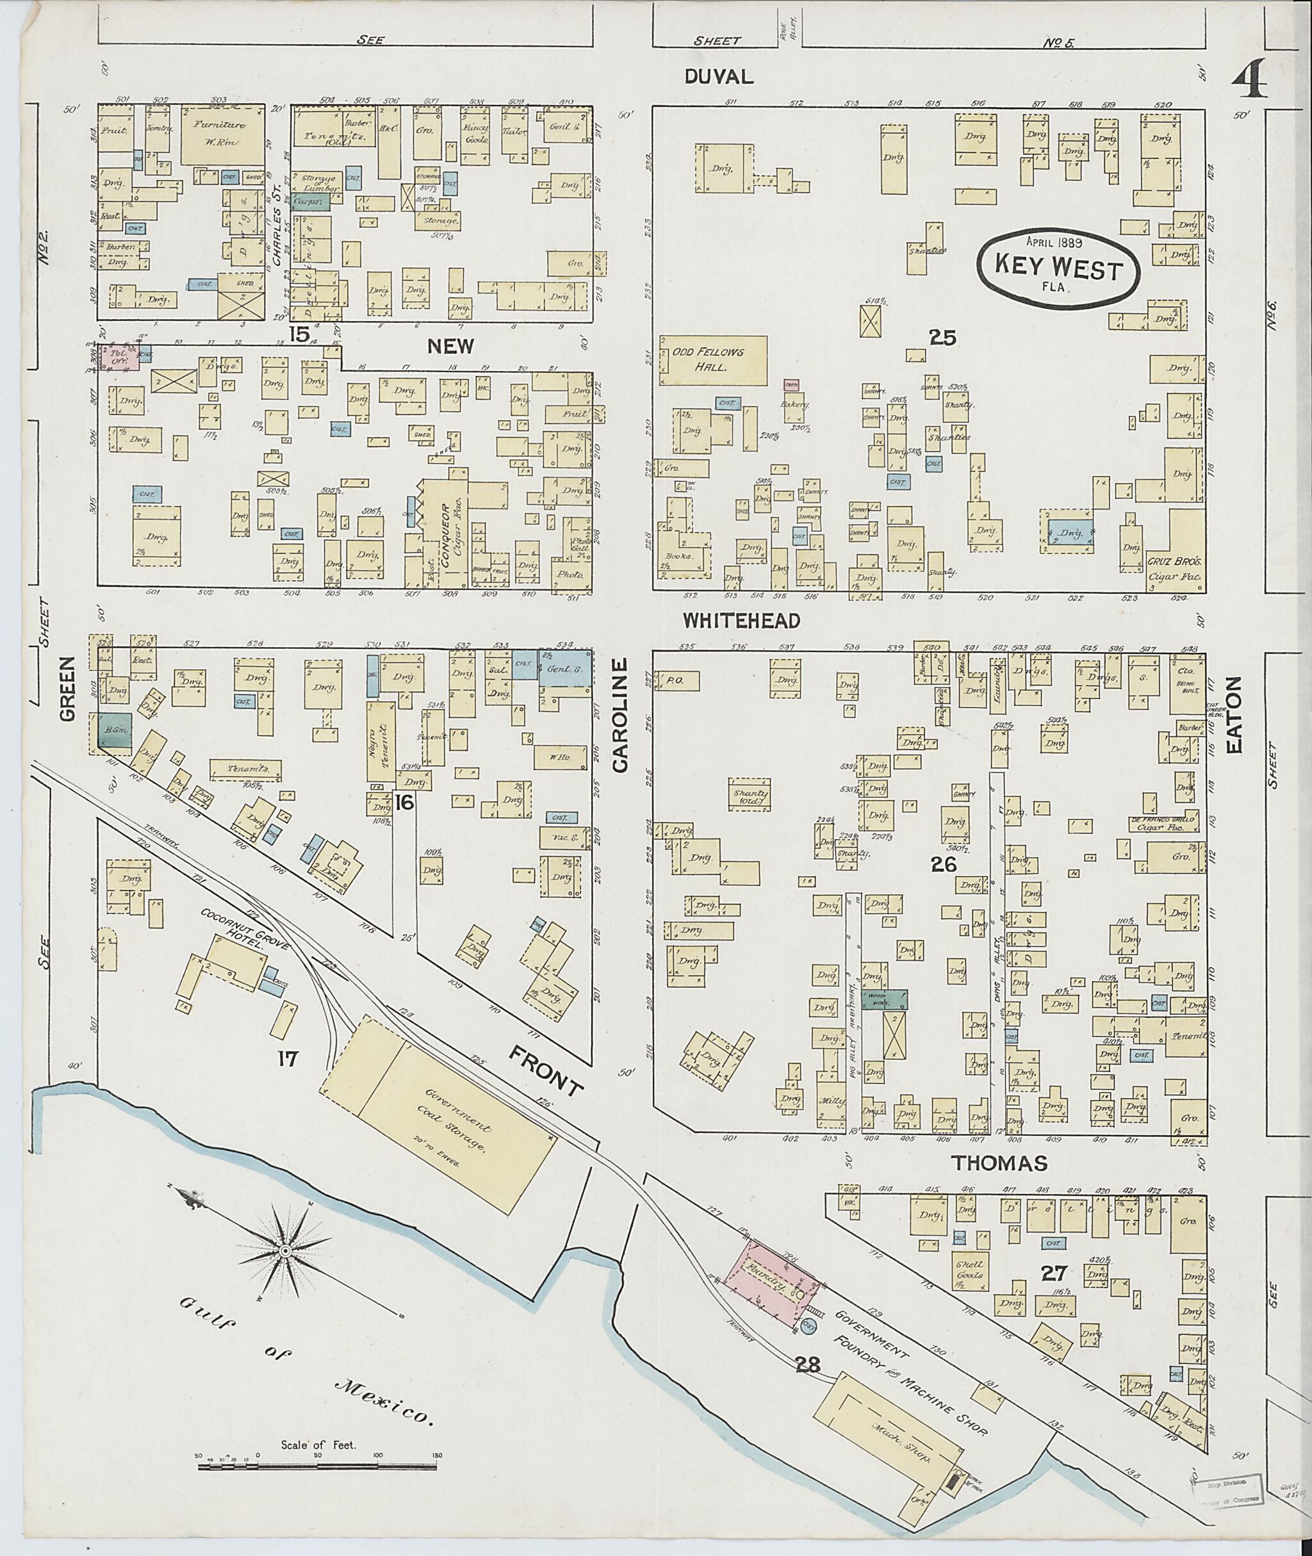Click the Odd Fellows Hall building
[712, 360]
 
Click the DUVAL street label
[719, 75]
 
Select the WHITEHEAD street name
[742, 620]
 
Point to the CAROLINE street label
[620, 714]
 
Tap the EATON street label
[1234, 714]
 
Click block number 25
[942, 338]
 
